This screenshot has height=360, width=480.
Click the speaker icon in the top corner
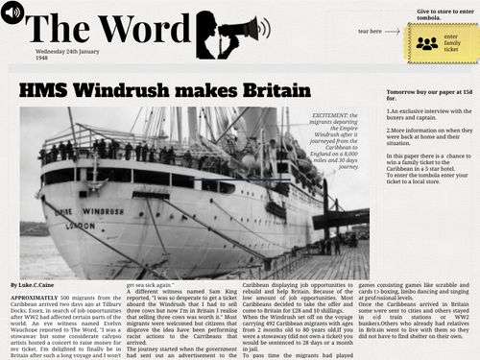click(12, 12)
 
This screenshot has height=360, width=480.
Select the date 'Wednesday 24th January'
click(67, 50)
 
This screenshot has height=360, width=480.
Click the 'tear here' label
click(370, 31)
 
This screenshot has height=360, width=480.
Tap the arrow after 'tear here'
click(389, 31)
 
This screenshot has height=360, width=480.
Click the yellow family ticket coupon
click(440, 42)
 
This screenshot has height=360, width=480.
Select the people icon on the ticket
click(427, 43)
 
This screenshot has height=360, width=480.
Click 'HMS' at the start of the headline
click(41, 89)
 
